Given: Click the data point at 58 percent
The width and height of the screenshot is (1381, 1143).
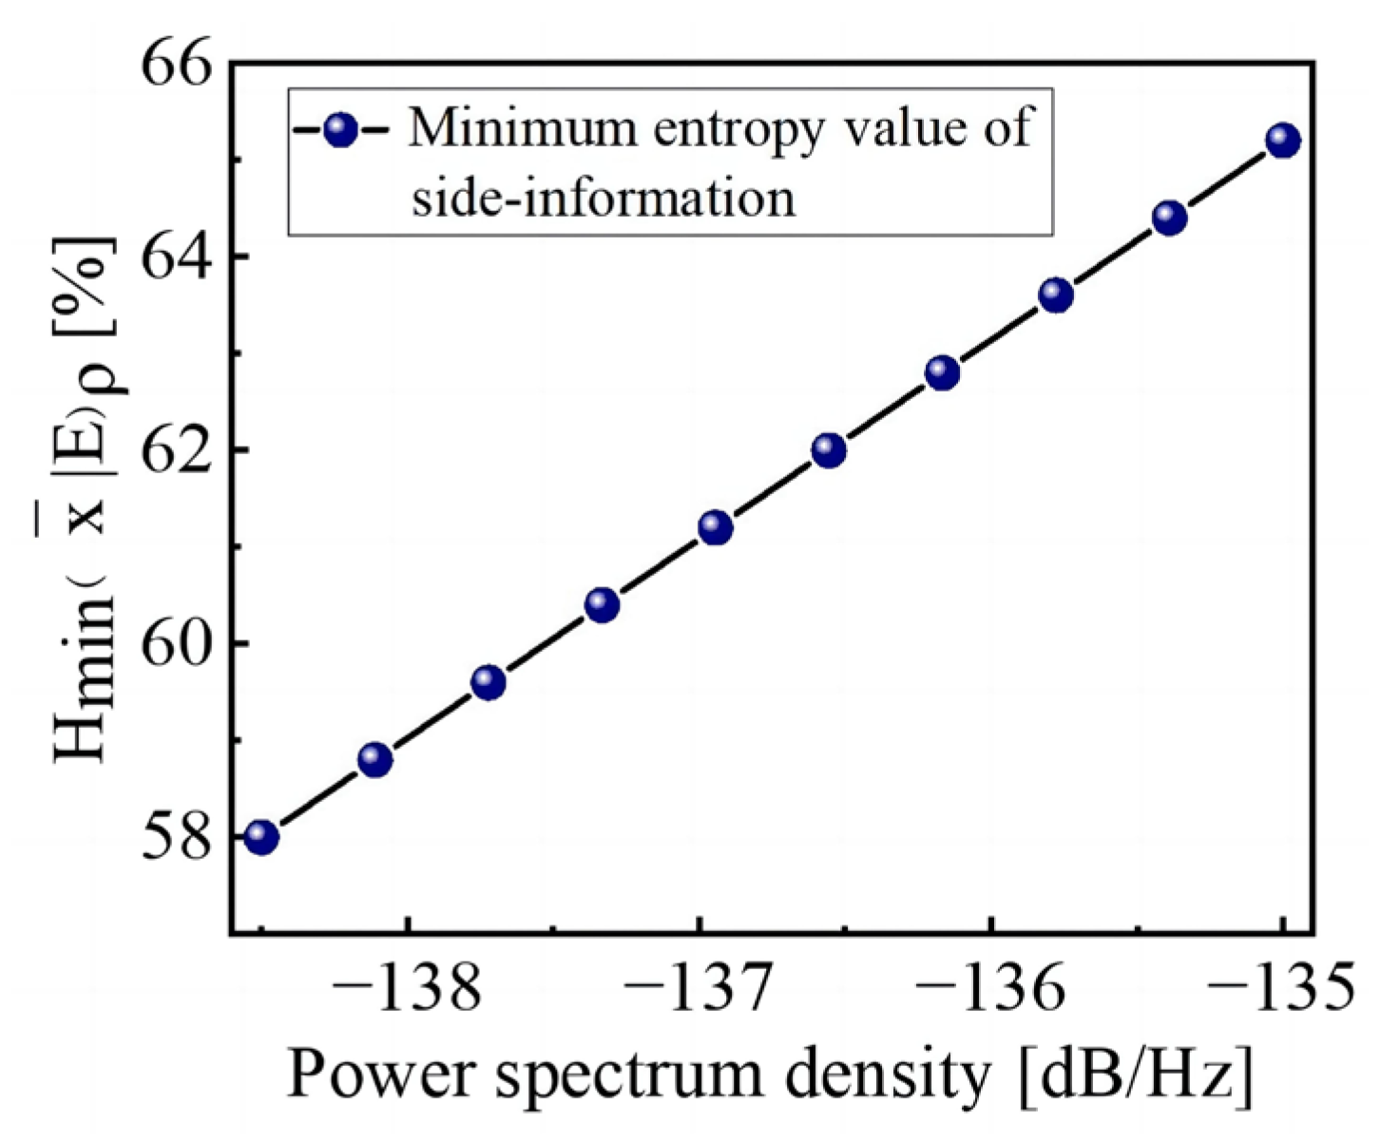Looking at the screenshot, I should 260,837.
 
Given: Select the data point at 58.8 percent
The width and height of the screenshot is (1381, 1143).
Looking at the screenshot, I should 374,759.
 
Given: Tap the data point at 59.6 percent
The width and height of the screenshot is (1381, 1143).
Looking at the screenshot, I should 488,682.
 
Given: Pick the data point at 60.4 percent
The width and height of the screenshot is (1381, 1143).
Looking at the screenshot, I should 602,604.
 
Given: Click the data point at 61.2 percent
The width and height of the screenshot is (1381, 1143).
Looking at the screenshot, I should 715,526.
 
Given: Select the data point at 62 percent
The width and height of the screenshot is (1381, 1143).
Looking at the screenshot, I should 829,449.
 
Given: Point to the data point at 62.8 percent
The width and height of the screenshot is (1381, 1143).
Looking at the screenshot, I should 942,372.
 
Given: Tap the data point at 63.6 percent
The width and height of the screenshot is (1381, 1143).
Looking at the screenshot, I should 1056,295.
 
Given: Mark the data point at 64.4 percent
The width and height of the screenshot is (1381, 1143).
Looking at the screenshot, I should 1169,218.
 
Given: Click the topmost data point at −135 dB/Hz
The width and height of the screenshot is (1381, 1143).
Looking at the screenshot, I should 1282,141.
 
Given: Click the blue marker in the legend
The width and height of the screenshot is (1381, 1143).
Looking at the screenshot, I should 339,130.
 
